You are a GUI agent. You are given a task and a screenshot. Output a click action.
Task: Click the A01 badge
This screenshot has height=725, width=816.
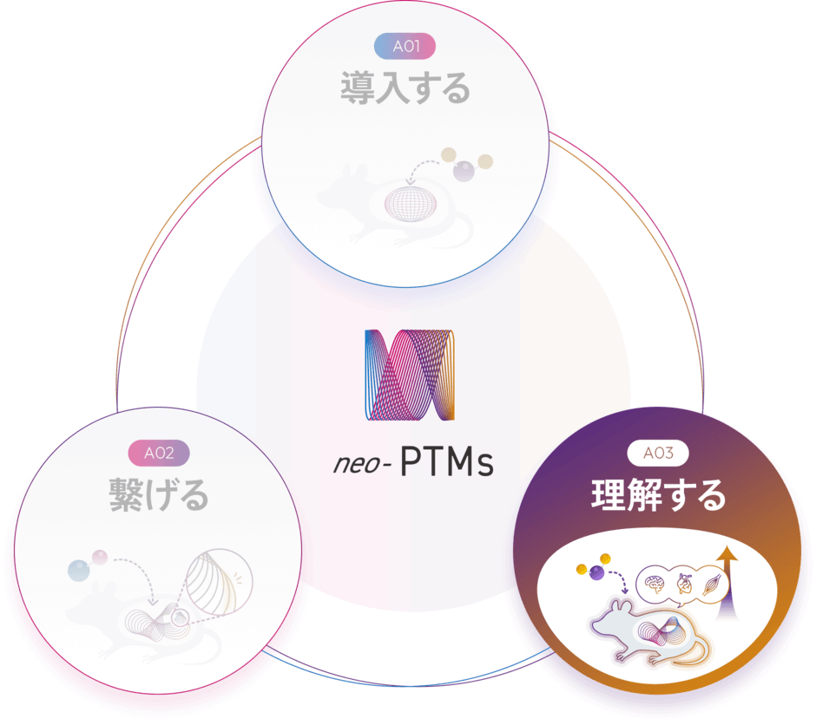click(405, 46)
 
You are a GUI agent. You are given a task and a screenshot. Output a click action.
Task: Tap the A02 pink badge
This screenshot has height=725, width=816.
click(159, 454)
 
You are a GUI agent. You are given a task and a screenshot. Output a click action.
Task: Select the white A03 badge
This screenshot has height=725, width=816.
click(658, 454)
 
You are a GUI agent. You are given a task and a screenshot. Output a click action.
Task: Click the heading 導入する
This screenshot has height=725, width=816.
click(405, 88)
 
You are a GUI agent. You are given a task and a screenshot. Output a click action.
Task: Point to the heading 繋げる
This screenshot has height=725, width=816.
click(159, 495)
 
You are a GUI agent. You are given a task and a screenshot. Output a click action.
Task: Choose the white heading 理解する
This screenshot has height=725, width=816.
click(658, 495)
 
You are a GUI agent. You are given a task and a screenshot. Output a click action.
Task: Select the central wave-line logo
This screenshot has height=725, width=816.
click(410, 375)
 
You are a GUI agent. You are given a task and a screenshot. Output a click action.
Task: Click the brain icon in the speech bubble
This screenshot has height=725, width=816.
click(655, 585)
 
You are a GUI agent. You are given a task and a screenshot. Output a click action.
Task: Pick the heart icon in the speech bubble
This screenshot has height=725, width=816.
click(685, 584)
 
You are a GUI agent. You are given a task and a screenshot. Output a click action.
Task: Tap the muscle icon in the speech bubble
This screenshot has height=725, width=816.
click(713, 585)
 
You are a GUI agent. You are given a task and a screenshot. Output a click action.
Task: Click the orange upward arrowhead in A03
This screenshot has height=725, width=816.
click(727, 554)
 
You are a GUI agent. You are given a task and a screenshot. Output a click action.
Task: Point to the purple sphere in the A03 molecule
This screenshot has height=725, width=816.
click(596, 573)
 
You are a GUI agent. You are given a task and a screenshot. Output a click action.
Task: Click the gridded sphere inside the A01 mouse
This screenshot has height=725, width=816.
click(411, 204)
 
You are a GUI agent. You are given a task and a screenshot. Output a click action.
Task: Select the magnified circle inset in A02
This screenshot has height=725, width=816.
click(219, 582)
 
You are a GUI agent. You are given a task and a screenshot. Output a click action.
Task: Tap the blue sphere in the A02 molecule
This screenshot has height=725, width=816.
click(79, 570)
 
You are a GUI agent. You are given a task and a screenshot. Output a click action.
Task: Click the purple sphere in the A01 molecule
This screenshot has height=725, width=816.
click(464, 171)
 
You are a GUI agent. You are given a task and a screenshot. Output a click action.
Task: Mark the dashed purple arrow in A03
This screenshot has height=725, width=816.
click(618, 579)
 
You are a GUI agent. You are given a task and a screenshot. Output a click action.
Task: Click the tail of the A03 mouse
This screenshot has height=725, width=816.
click(692, 652)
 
